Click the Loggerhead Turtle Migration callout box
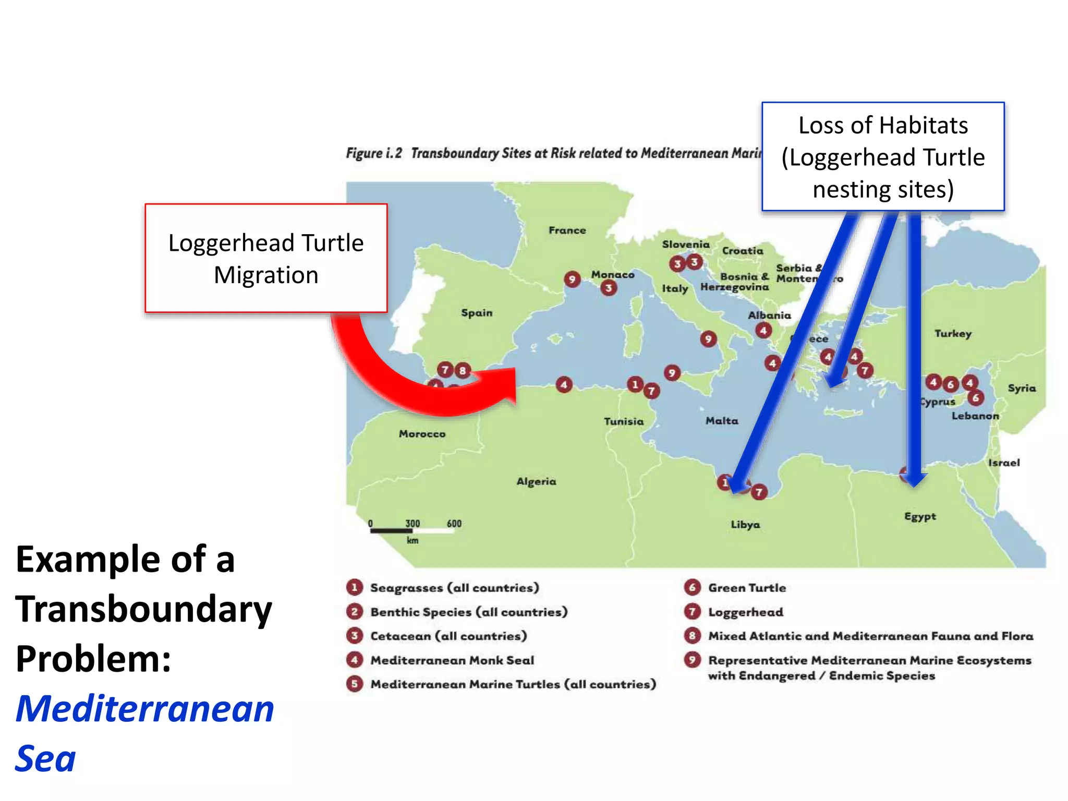[x=266, y=258]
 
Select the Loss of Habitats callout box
[x=883, y=156]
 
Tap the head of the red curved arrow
[x=501, y=386]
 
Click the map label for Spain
[x=477, y=313]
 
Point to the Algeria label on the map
[x=536, y=481]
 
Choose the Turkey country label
[x=953, y=334]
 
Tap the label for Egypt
[x=920, y=516]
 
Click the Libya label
[x=745, y=525]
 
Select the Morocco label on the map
[x=422, y=434]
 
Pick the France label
[x=567, y=230]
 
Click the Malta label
[x=722, y=421]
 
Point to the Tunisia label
[x=624, y=421]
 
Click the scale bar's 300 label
[x=412, y=524]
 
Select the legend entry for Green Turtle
[x=747, y=588]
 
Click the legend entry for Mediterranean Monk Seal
[x=452, y=660]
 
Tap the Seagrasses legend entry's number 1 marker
[x=355, y=588]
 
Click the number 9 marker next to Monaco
[x=572, y=279]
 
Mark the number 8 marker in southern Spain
[x=462, y=371]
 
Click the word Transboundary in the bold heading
[x=144, y=609]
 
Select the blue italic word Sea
[x=46, y=759]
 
